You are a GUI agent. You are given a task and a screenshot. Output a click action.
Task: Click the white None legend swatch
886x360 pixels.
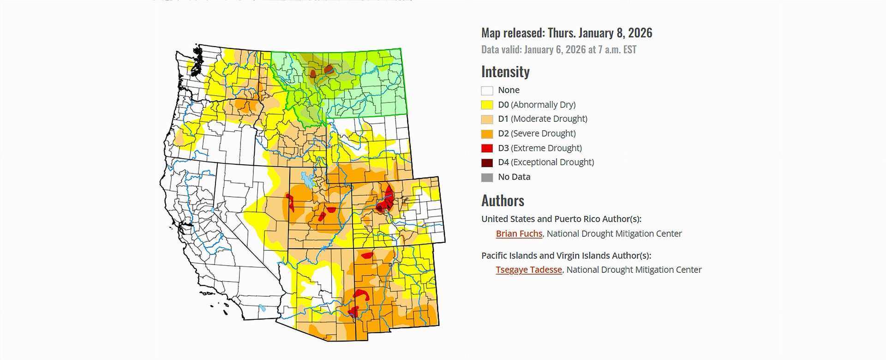[x=487, y=90]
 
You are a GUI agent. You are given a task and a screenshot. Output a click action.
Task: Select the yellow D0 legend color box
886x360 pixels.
[x=487, y=105]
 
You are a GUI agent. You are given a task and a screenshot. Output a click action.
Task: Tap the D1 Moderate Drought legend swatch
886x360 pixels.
[x=487, y=119]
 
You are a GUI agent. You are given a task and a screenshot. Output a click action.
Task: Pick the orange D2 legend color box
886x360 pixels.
[x=487, y=134]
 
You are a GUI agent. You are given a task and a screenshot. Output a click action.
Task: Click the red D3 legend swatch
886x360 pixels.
[x=487, y=148]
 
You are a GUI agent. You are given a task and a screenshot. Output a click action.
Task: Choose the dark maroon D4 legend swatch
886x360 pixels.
[x=487, y=162]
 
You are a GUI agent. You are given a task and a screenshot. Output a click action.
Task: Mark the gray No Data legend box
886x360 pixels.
[x=487, y=177]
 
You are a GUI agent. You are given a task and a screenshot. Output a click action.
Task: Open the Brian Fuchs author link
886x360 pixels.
[x=519, y=234]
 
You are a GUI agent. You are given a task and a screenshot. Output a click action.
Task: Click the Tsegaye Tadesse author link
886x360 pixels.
[x=529, y=270]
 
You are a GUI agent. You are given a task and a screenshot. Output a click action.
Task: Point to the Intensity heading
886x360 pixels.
[x=505, y=72]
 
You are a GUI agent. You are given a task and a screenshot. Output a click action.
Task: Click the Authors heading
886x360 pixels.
[x=503, y=201]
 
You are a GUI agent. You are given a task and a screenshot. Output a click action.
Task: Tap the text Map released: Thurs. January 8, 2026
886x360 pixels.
[x=566, y=33]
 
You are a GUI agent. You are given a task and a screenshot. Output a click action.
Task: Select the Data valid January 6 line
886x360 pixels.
[x=558, y=50]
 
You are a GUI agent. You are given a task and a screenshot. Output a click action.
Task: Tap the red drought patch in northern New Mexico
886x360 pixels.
[x=367, y=255]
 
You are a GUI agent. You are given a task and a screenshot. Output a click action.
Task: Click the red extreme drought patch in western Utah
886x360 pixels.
[x=291, y=202]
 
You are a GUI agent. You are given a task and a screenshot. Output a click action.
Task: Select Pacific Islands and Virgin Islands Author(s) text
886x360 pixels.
[x=566, y=255]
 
